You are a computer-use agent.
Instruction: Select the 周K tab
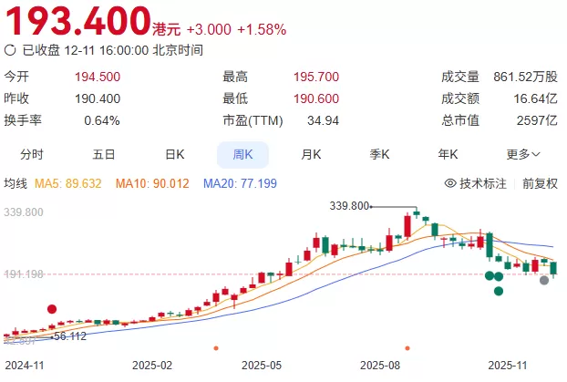point(242,154)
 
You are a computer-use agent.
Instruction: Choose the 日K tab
point(175,154)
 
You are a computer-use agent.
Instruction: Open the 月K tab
point(312,154)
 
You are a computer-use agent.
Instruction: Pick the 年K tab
point(448,154)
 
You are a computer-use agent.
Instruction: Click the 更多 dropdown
point(523,154)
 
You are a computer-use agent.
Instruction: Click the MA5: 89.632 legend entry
point(67,183)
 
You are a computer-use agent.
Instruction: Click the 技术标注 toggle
point(475,183)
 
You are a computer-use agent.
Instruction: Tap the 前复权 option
point(540,183)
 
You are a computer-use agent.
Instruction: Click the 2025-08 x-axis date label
point(382,364)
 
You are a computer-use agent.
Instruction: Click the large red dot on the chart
point(52,310)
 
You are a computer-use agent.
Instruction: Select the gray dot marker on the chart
point(544,280)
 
